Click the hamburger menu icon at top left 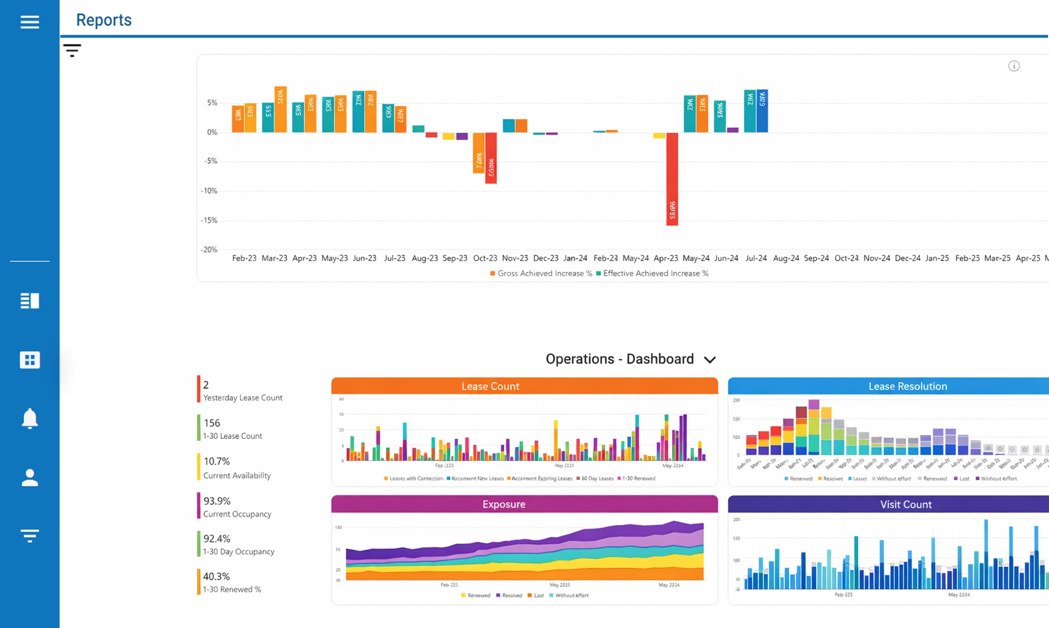pyautogui.click(x=30, y=21)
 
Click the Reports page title pyautogui.click(x=103, y=20)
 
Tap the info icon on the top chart pyautogui.click(x=1014, y=66)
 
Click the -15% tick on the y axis pyautogui.click(x=209, y=220)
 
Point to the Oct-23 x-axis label pyautogui.click(x=485, y=258)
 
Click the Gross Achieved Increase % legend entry pyautogui.click(x=541, y=273)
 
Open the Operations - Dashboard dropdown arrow pyautogui.click(x=710, y=360)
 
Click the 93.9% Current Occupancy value pyautogui.click(x=217, y=501)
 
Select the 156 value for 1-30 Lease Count pyautogui.click(x=212, y=423)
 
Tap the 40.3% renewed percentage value pyautogui.click(x=216, y=577)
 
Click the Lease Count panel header pyautogui.click(x=490, y=386)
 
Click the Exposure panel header pyautogui.click(x=504, y=504)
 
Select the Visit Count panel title pyautogui.click(x=905, y=504)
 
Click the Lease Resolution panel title pyautogui.click(x=907, y=386)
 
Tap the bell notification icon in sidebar pyautogui.click(x=30, y=419)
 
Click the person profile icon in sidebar pyautogui.click(x=30, y=477)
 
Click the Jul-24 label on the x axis pyautogui.click(x=756, y=258)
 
